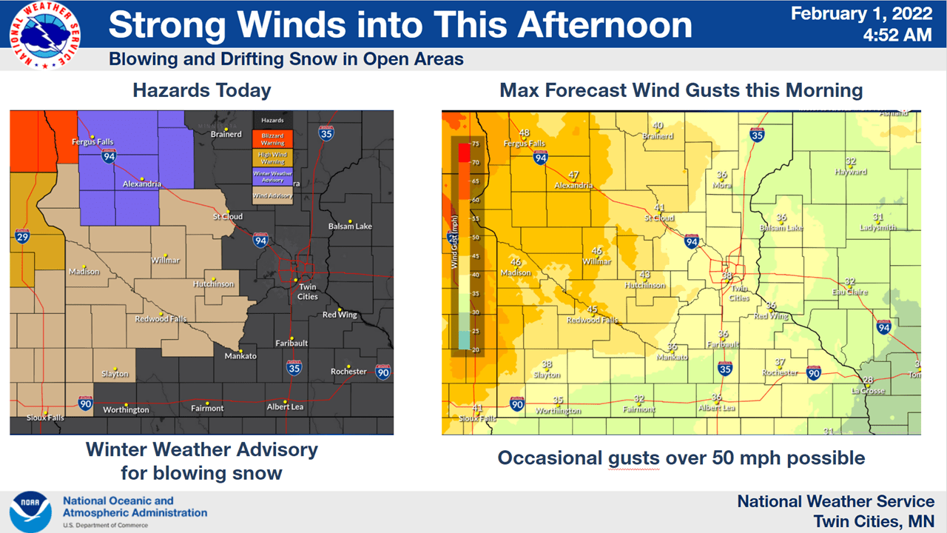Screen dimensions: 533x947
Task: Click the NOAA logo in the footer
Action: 30,512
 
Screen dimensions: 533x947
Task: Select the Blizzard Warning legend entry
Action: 272,138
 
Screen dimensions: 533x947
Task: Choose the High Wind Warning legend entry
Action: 272,157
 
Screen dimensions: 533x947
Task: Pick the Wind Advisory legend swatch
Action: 272,196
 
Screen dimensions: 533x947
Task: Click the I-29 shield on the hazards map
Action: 22,236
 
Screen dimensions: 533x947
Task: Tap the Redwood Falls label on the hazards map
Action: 161,319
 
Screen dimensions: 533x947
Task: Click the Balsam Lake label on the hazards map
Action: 350,226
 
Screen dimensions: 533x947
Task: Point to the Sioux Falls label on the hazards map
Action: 45,418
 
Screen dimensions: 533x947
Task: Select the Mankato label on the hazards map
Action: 240,356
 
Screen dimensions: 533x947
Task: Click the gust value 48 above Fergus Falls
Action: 524,133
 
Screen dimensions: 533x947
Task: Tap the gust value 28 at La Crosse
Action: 868,380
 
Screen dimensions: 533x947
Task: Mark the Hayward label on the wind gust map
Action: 851,172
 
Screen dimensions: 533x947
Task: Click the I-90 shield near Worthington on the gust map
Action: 517,404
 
